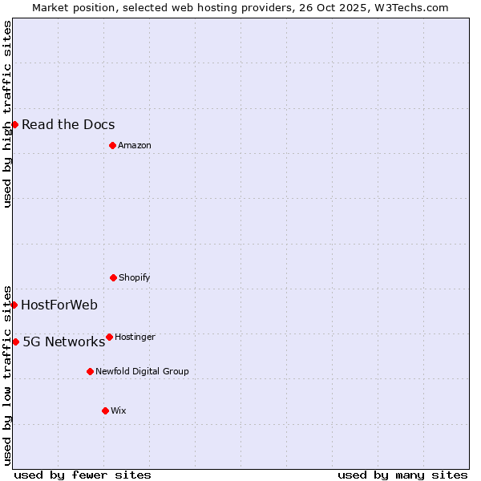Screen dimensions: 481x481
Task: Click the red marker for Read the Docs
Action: tap(14, 124)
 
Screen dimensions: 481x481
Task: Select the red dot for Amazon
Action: tap(112, 145)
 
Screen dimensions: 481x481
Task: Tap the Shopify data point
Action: tap(113, 277)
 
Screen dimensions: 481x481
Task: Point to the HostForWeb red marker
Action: tap(14, 305)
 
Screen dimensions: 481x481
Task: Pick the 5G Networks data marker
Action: tap(15, 342)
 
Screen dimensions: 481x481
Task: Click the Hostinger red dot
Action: tap(109, 337)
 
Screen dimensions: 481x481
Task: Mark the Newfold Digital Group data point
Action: tap(90, 371)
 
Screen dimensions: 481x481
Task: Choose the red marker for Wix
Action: tap(105, 410)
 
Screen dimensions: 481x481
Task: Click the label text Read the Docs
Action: tap(68, 124)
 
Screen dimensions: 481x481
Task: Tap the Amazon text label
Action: tap(135, 145)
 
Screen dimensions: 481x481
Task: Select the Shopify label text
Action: tap(135, 277)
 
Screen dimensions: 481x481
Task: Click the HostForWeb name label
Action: tap(59, 305)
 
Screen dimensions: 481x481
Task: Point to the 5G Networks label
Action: tap(63, 342)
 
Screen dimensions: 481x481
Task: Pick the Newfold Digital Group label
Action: tap(142, 371)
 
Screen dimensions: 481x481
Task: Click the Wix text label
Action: tap(119, 410)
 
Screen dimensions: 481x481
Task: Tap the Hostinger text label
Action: tap(135, 337)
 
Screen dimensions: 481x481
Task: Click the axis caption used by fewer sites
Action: tap(83, 475)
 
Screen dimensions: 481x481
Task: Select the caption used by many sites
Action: tap(402, 475)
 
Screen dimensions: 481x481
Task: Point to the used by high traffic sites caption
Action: tap(7, 114)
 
